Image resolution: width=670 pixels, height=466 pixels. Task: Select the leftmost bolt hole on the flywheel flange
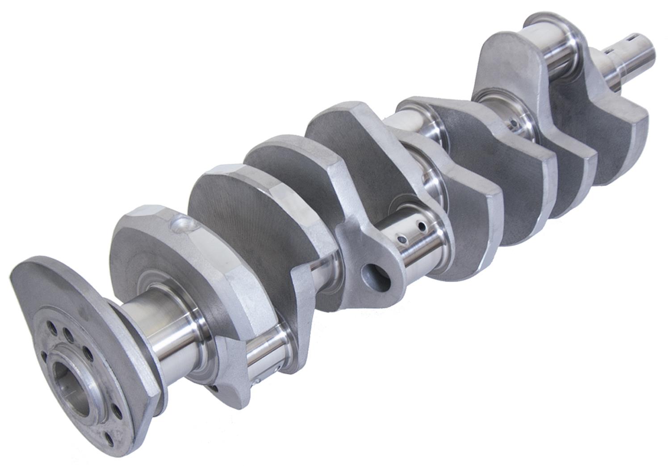[x=44, y=356]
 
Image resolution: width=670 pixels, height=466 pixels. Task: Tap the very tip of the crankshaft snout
[x=647, y=50]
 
